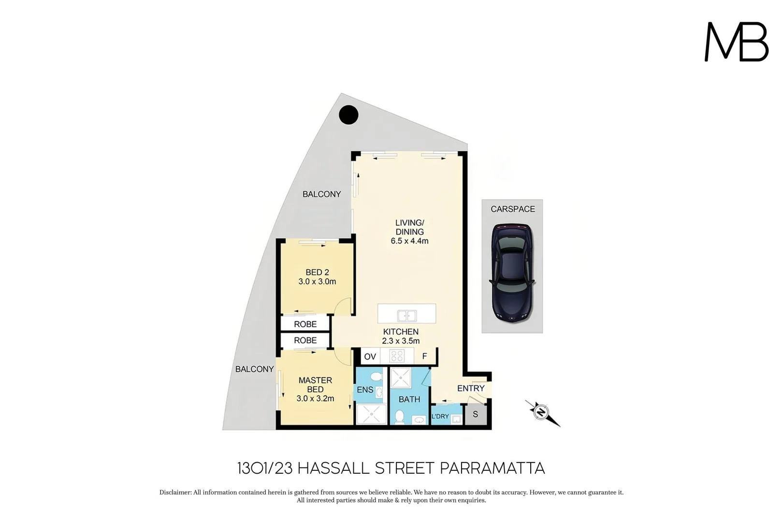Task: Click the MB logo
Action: click(736, 42)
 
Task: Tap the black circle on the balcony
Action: click(348, 115)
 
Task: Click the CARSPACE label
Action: click(512, 209)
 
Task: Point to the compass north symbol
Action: click(540, 412)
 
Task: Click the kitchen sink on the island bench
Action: click(407, 316)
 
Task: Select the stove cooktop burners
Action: click(397, 356)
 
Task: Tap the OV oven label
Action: click(370, 357)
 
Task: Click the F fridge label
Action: click(424, 356)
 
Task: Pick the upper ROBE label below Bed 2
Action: click(305, 324)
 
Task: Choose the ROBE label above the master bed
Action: click(305, 340)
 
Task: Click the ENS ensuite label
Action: click(365, 390)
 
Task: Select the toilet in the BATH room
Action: click(400, 417)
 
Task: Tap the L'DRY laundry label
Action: click(440, 416)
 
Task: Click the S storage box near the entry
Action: click(476, 414)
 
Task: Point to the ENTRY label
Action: click(470, 388)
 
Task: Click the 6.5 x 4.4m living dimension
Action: click(409, 241)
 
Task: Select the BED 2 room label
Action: click(317, 272)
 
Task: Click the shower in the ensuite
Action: click(371, 414)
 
